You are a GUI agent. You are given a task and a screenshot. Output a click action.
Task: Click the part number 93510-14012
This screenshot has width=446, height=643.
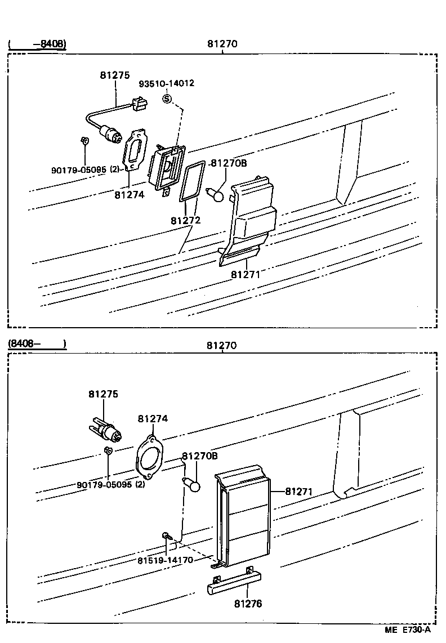coord(167,83)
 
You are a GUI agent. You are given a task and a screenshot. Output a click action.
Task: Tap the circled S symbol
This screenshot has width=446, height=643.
coord(167,99)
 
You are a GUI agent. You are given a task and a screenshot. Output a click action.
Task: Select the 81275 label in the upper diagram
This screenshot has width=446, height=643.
coord(115,75)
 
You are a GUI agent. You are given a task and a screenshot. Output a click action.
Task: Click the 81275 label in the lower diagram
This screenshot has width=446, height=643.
coord(103,394)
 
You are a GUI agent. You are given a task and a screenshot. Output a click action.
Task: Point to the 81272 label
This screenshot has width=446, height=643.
coord(185,221)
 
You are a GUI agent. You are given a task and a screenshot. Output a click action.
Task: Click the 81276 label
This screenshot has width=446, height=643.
coord(248,604)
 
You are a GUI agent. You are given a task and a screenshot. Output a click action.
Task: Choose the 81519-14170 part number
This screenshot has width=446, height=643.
coord(165,560)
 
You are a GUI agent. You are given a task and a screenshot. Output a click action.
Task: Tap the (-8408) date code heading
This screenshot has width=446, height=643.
coord(37,43)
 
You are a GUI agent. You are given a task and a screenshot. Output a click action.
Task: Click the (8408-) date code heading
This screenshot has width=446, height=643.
coord(37,343)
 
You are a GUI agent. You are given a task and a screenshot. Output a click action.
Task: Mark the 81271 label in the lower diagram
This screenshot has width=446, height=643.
coord(298,492)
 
